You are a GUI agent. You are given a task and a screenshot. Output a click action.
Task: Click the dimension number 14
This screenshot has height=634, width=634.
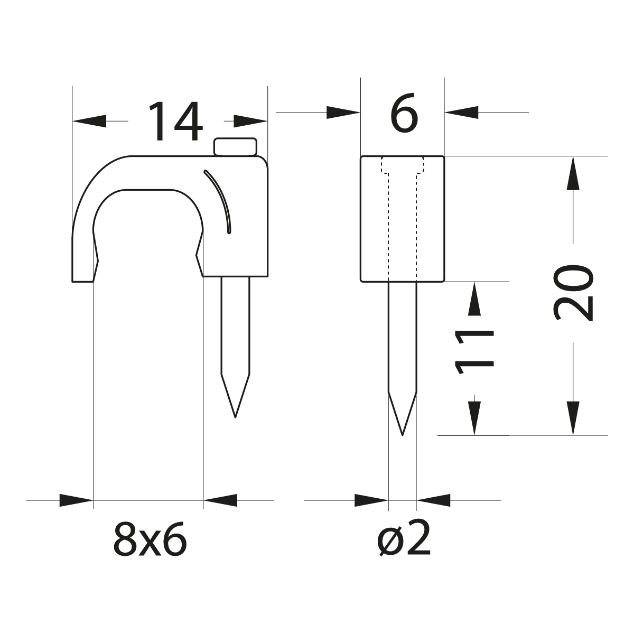point(175,122)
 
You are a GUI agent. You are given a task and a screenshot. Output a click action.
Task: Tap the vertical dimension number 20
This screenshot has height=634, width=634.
point(574,294)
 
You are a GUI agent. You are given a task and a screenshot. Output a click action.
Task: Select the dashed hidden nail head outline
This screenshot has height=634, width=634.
point(403,165)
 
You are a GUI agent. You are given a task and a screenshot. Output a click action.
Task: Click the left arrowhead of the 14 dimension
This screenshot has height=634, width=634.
point(89,121)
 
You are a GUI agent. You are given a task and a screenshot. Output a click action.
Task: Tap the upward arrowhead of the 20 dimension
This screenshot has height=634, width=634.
point(573,173)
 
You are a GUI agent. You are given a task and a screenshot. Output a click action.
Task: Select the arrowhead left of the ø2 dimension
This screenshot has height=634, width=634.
point(371,500)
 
